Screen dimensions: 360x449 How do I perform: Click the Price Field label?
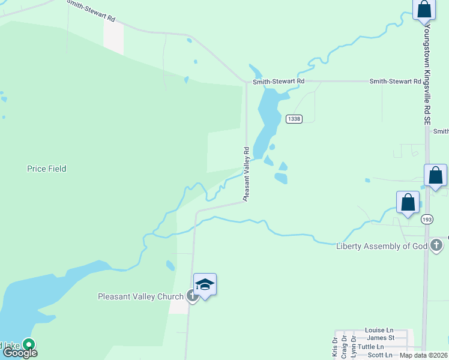click(46, 169)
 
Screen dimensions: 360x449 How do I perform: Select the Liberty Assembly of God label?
click(382, 246)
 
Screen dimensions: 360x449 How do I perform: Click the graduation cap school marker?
click(205, 285)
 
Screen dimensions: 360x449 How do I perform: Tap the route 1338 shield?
click(294, 119)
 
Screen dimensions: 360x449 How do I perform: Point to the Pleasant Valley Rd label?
click(246, 173)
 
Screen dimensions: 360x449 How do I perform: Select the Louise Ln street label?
click(379, 330)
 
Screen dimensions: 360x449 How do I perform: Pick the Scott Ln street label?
click(379, 355)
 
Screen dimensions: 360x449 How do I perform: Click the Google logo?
click(20, 353)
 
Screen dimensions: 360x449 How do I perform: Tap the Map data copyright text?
click(423, 355)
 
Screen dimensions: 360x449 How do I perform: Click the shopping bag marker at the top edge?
click(424, 10)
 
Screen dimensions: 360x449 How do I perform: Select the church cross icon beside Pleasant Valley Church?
click(191, 295)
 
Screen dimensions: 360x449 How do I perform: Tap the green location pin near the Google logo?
click(28, 344)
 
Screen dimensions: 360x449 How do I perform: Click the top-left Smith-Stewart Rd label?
click(91, 11)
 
